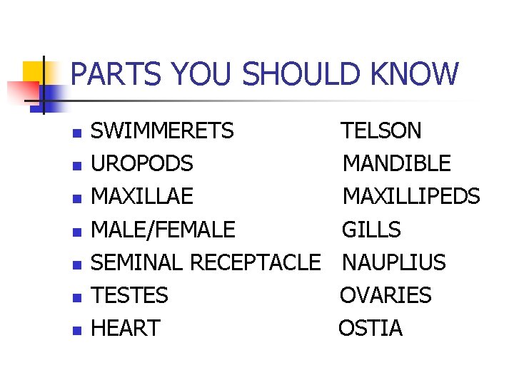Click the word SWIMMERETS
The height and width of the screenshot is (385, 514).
click(x=162, y=131)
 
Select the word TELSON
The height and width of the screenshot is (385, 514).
click(x=381, y=131)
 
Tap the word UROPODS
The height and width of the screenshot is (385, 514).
click(x=142, y=164)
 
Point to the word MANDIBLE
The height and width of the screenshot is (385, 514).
click(x=396, y=164)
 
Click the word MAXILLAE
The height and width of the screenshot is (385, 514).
click(x=142, y=197)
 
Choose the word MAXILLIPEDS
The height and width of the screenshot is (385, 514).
click(x=411, y=197)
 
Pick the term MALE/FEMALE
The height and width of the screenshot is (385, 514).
click(x=163, y=230)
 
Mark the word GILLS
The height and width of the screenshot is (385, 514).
click(x=371, y=230)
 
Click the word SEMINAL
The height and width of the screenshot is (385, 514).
click(x=138, y=262)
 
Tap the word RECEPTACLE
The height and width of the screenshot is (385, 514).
click(x=255, y=262)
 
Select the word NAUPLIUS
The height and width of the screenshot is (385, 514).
click(x=393, y=262)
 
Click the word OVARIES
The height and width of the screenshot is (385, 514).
click(x=385, y=295)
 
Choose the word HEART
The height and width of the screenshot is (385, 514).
click(x=126, y=328)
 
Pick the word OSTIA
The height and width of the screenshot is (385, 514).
click(x=370, y=328)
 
